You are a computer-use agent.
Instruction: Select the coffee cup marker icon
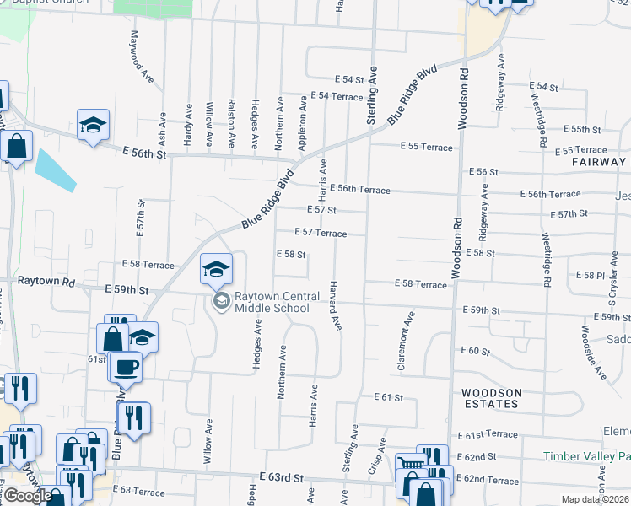(x=127, y=368)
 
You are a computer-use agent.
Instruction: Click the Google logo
(x=27, y=496)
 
